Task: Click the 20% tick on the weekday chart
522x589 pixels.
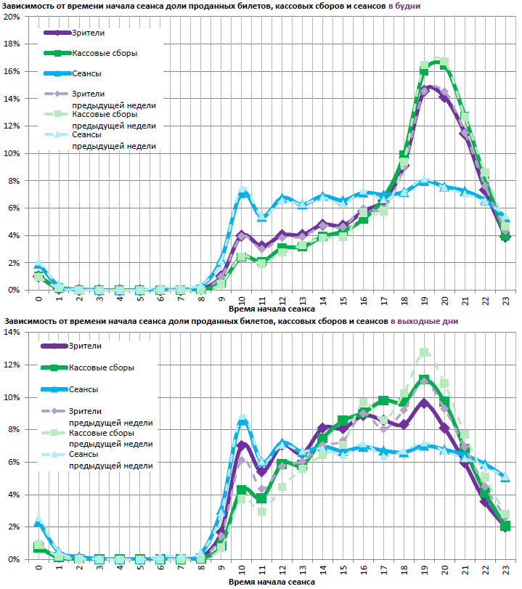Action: pyautogui.click(x=10, y=17)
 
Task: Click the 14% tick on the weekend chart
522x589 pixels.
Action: pyautogui.click(x=10, y=333)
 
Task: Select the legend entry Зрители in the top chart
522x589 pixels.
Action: pyautogui.click(x=86, y=33)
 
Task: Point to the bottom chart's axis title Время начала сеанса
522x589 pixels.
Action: pyautogui.click(x=272, y=582)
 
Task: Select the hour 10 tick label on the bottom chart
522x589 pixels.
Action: pyautogui.click(x=242, y=569)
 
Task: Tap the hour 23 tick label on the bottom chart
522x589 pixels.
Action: pyautogui.click(x=506, y=569)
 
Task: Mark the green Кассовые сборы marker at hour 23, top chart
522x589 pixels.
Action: pyautogui.click(x=506, y=237)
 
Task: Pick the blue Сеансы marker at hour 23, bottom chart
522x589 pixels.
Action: pyautogui.click(x=506, y=477)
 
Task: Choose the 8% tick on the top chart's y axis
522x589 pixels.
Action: pyautogui.click(x=12, y=181)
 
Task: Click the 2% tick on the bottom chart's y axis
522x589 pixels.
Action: pyautogui.click(x=12, y=527)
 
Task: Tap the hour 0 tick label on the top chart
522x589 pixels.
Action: pyautogui.click(x=38, y=298)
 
